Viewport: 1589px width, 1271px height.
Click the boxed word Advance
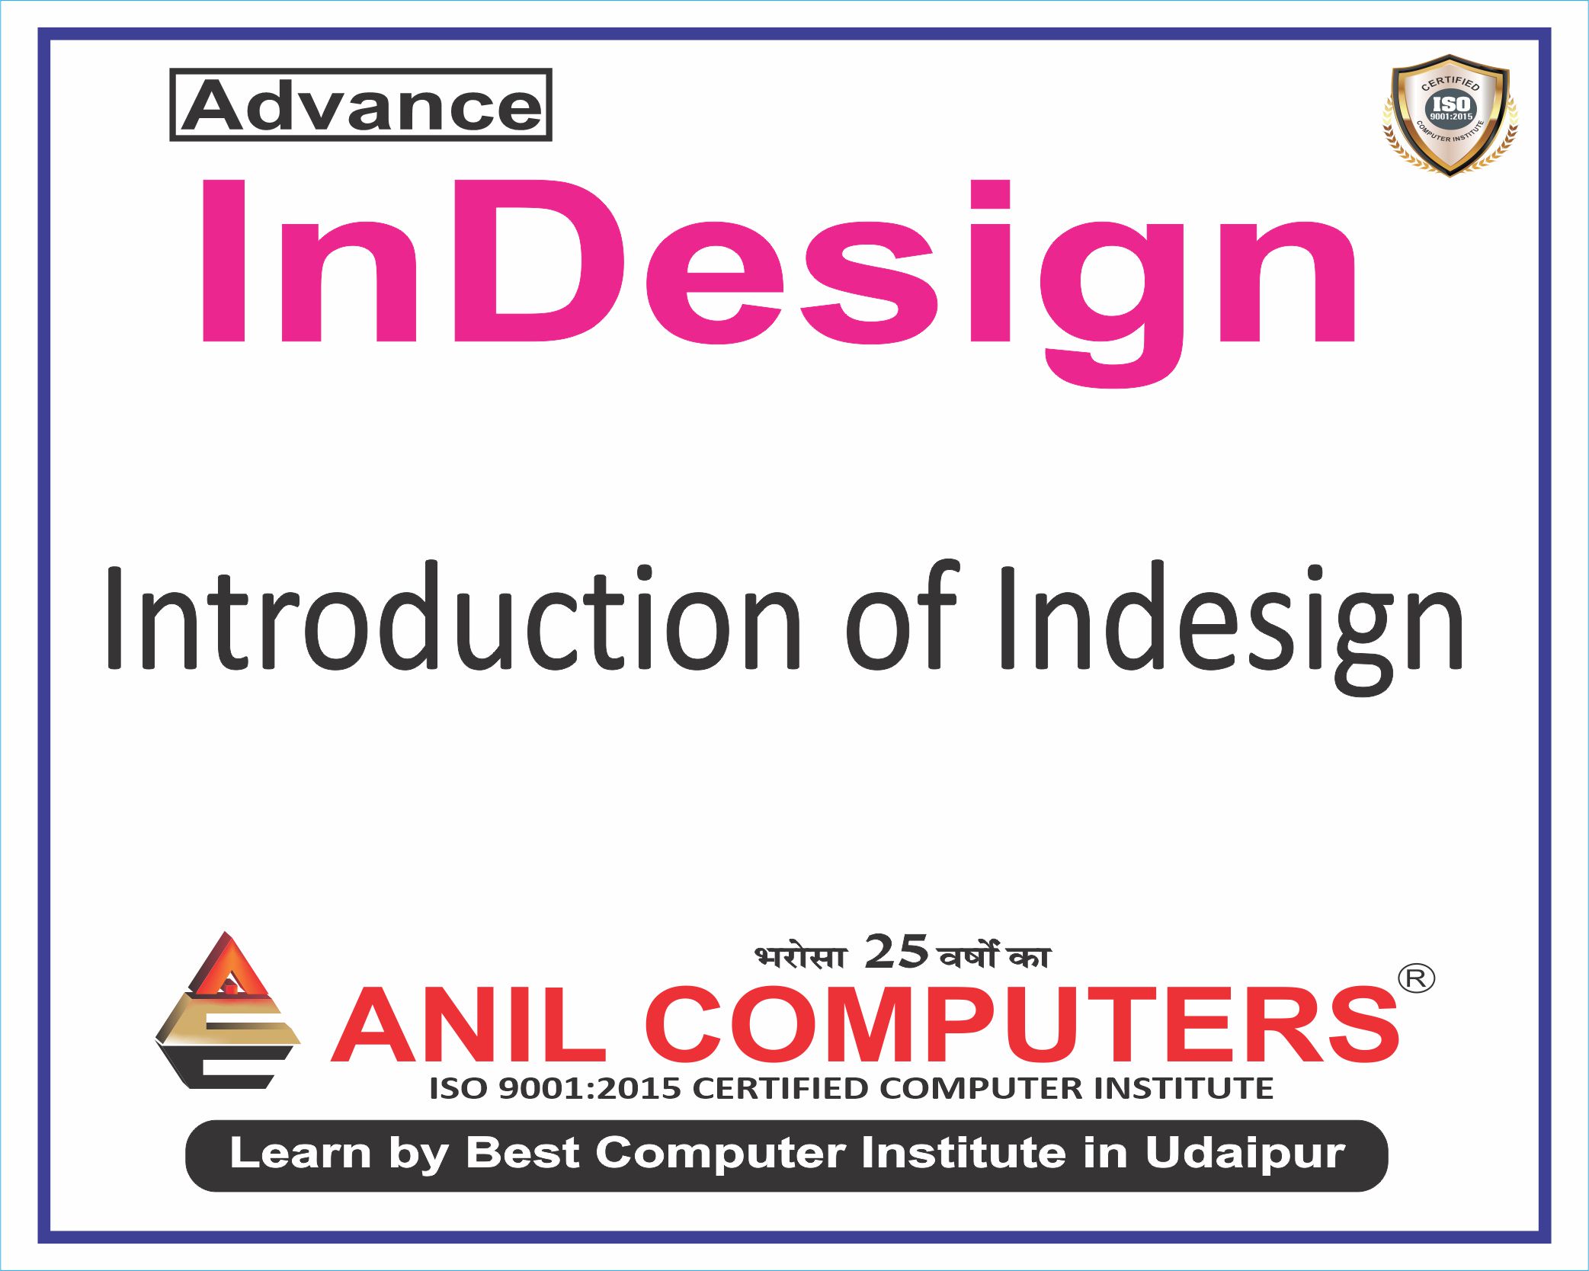(360, 105)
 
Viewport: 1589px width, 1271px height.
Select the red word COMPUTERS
(1021, 1025)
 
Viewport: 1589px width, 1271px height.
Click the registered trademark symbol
(1416, 978)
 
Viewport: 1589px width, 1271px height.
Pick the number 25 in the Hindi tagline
(895, 952)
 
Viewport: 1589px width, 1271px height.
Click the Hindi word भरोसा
(800, 956)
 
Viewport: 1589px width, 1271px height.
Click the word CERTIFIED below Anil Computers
(781, 1088)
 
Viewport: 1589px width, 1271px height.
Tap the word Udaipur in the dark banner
(1245, 1153)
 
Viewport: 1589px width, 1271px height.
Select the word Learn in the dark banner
(300, 1153)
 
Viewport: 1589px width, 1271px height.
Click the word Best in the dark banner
(523, 1153)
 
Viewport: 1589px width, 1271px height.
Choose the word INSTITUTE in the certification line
(1184, 1088)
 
